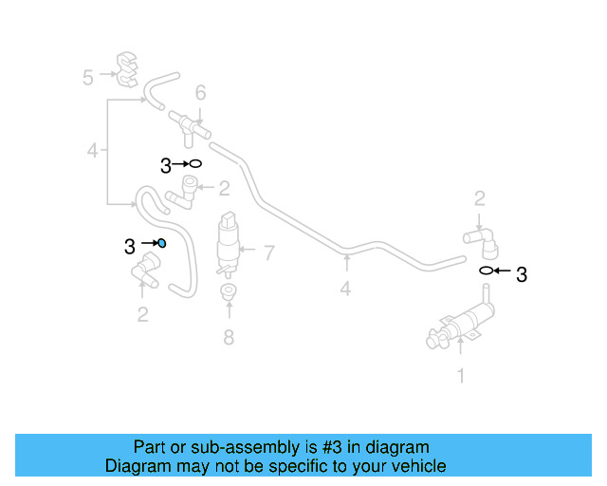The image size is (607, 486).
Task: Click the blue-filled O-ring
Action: (161, 243)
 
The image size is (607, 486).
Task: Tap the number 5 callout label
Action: (88, 77)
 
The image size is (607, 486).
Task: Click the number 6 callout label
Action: (200, 93)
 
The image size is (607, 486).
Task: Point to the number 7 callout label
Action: (268, 252)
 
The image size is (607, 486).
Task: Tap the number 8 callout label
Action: (228, 337)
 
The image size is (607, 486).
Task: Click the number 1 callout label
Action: (461, 377)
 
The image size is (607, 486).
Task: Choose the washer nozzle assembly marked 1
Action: (460, 325)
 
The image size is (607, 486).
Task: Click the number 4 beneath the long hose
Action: (345, 289)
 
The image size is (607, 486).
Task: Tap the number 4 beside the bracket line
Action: (92, 150)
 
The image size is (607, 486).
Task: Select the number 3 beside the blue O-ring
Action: (130, 247)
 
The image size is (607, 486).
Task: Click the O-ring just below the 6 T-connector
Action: (195, 164)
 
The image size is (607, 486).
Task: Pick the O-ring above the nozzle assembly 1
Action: (486, 271)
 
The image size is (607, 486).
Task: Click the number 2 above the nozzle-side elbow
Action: (480, 198)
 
